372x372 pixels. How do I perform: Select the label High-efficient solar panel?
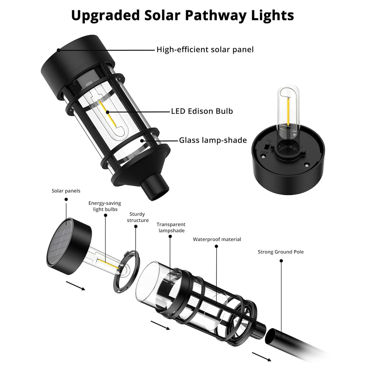[x=205, y=49]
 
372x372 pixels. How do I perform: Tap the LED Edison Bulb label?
[x=202, y=111]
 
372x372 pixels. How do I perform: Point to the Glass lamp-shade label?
[x=213, y=140]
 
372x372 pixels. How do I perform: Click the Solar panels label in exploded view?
[x=66, y=191]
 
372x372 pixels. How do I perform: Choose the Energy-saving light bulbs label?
[x=105, y=206]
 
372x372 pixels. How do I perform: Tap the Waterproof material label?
[x=217, y=239]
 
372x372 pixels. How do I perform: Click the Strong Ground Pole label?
[x=281, y=252]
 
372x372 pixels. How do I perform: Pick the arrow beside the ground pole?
[x=261, y=357]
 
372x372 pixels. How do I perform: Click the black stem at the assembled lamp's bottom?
[x=155, y=188]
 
